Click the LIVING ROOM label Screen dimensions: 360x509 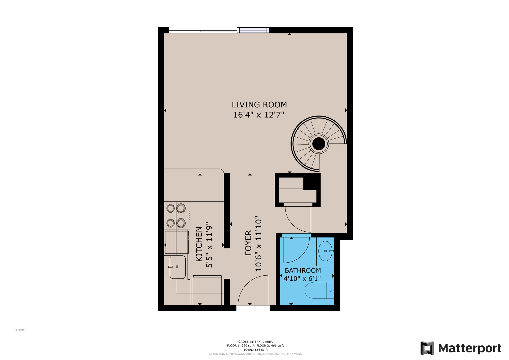tap(259, 105)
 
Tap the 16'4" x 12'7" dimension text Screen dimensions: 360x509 tap(258, 115)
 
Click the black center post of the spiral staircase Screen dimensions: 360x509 tap(318, 144)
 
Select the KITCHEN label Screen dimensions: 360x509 tap(199, 244)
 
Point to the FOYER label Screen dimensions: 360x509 tap(248, 243)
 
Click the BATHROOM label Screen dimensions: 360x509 tap(303, 270)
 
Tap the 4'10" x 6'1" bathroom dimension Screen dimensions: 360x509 tap(302, 279)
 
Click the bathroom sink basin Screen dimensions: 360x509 tap(325, 251)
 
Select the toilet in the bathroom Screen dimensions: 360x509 tap(318, 290)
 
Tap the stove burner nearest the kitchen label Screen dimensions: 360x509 tap(181, 223)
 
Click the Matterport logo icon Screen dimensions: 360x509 tap(427, 348)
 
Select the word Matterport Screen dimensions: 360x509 tap(469, 348)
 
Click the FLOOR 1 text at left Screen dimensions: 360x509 tap(20, 330)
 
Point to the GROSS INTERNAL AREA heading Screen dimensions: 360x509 tap(255, 342)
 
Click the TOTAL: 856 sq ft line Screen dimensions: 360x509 tap(255, 350)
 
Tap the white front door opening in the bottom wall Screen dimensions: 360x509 tap(253, 308)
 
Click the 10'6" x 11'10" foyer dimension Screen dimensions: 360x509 tap(258, 244)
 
